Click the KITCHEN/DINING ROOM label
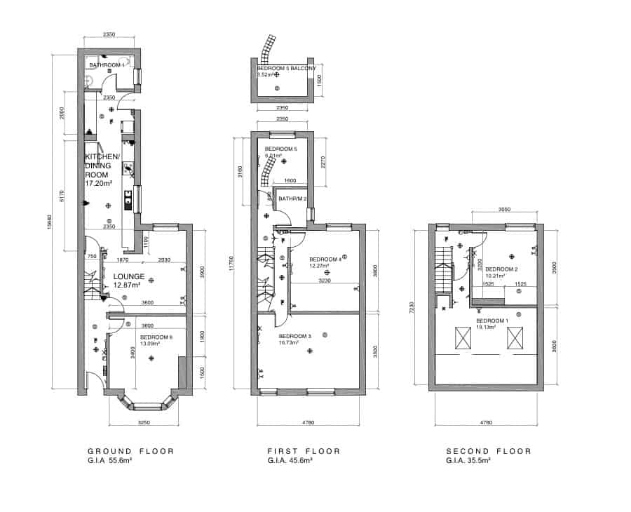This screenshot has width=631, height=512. [102, 166]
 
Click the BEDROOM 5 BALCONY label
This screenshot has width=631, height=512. [287, 69]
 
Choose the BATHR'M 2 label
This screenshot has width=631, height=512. [292, 199]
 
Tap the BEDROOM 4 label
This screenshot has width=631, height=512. [325, 258]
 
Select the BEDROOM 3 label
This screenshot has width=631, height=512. [294, 337]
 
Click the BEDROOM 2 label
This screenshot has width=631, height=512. [501, 269]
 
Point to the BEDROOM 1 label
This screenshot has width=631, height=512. [491, 320]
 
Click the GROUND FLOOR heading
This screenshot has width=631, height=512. [130, 451]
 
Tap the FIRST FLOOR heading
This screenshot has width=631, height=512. [304, 451]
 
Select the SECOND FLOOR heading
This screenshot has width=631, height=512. [489, 451]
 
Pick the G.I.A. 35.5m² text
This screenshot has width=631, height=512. [469, 461]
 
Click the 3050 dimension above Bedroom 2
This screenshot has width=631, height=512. [506, 209]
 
